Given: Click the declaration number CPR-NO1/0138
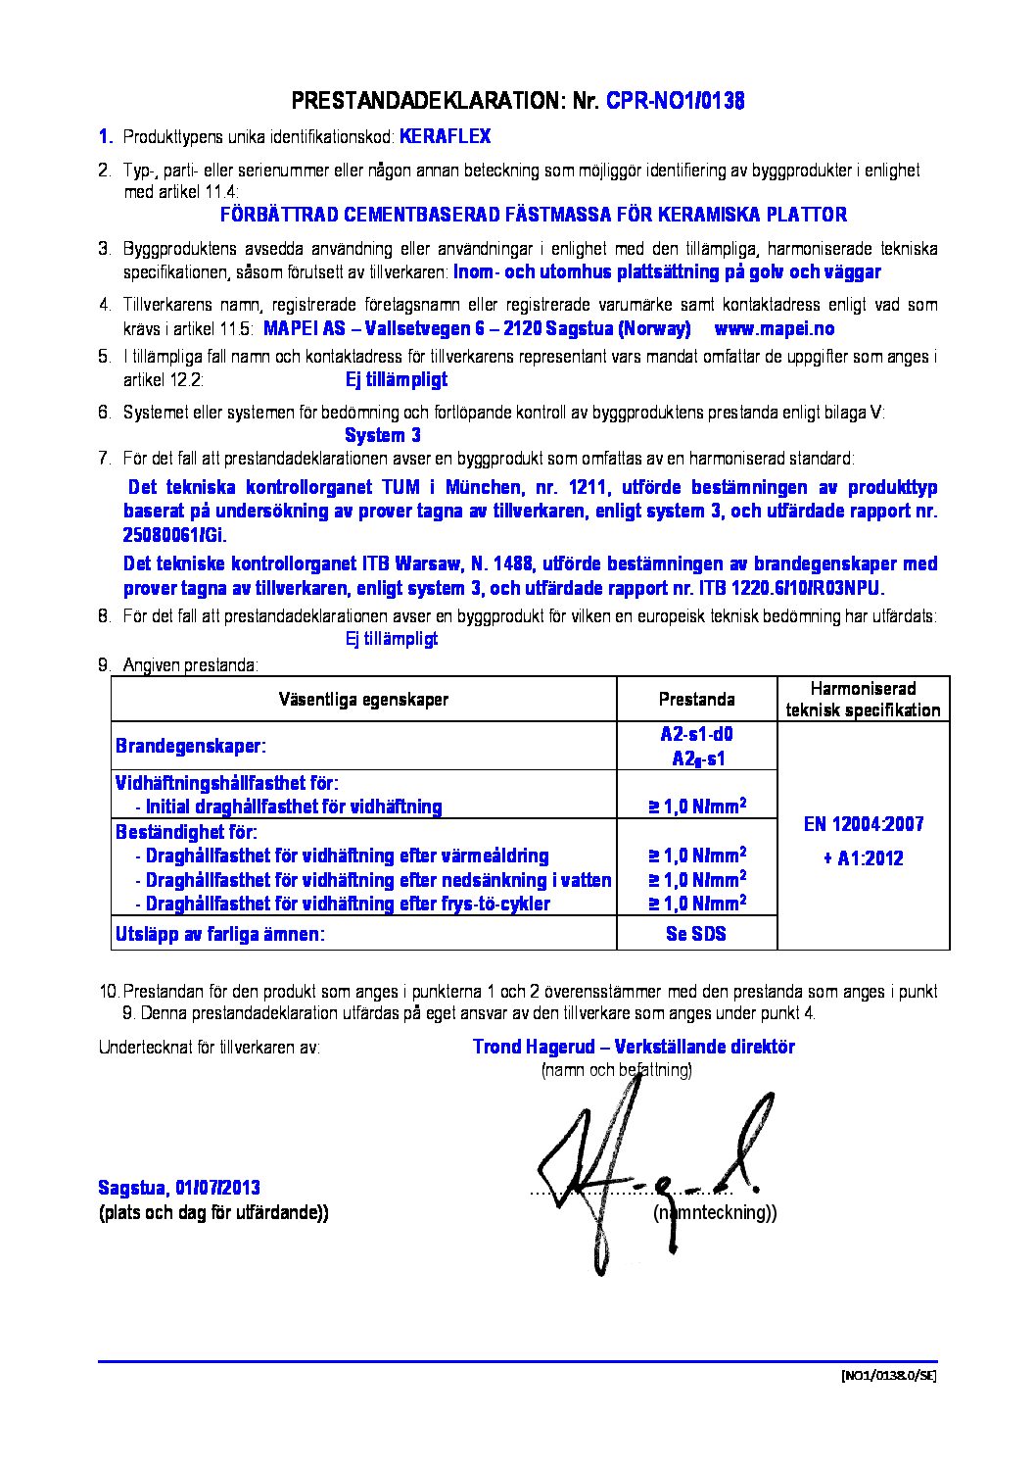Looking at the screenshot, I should (x=675, y=101).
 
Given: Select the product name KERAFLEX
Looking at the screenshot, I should (x=445, y=137).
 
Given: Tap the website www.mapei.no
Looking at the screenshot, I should (x=774, y=329).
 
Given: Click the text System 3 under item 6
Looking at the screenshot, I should (x=383, y=435).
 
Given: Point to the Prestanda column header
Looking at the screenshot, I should (x=696, y=700).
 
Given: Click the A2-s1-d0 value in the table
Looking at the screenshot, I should (x=696, y=735).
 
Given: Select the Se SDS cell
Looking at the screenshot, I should (x=696, y=934).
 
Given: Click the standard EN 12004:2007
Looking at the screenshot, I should (x=863, y=824).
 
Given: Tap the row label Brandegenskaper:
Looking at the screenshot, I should (x=190, y=747).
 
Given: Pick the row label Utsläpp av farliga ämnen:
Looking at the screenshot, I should (x=219, y=935).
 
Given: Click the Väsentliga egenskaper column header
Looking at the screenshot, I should (x=363, y=700).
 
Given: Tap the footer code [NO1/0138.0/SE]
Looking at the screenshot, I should (x=888, y=1375).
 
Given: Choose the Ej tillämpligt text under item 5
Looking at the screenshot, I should (x=397, y=380).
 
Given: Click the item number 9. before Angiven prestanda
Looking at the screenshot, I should (x=104, y=666).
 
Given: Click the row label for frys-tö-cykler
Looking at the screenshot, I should (x=348, y=904).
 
